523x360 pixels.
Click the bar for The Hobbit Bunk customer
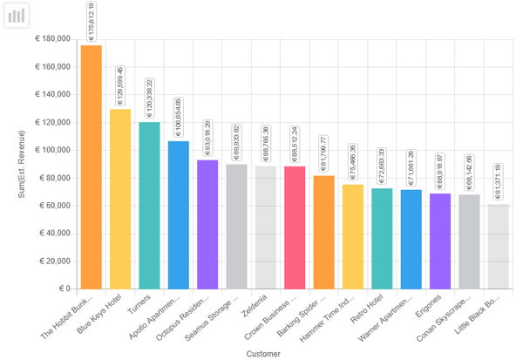pyautogui.click(x=92, y=166)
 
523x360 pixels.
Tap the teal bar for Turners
pyautogui.click(x=149, y=205)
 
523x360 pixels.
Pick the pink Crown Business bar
pyautogui.click(x=295, y=227)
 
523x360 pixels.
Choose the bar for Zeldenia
pyautogui.click(x=266, y=227)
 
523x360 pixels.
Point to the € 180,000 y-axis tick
pyautogui.click(x=52, y=39)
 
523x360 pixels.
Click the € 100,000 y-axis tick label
pyautogui.click(x=52, y=150)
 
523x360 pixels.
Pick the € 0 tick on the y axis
pyautogui.click(x=64, y=289)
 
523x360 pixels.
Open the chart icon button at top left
pyautogui.click(x=17, y=16)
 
